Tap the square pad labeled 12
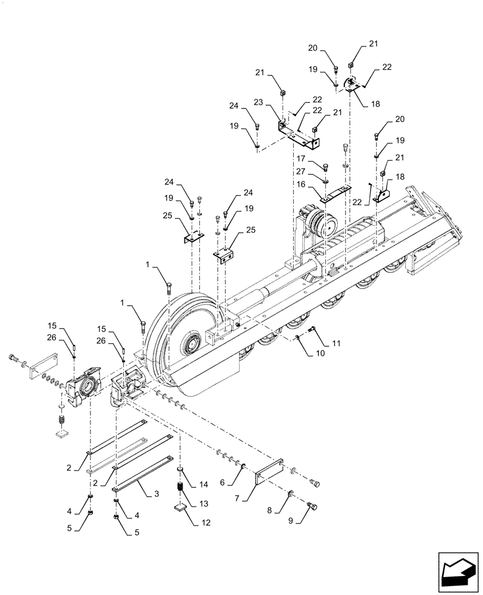180,508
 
